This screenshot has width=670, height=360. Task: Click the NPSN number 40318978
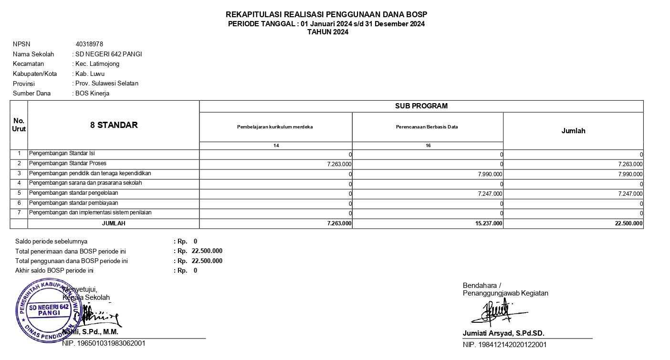[x=89, y=44]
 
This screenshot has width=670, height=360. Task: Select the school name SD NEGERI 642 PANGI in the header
[x=109, y=54]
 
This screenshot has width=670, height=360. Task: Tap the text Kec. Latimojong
[x=97, y=64]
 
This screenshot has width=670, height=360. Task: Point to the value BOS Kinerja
[x=92, y=93]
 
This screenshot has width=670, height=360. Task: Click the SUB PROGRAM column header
[x=421, y=106]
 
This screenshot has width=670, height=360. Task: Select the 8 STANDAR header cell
[x=114, y=125]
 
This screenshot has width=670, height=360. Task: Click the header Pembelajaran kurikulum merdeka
[x=275, y=127]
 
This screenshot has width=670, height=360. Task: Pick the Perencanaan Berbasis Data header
[x=427, y=127]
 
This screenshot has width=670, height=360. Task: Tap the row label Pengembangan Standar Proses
[x=68, y=163]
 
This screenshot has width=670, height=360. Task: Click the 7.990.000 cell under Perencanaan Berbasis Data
[x=490, y=174]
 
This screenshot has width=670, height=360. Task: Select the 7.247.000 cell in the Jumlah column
[x=630, y=194]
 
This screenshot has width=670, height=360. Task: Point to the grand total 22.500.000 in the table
[x=629, y=223]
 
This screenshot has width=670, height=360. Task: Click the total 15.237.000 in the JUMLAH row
[x=489, y=223]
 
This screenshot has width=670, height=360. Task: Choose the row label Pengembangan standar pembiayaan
[x=73, y=203]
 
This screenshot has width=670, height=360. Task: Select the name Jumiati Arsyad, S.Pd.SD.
[x=503, y=333]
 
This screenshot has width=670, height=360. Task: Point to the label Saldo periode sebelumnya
[x=51, y=241]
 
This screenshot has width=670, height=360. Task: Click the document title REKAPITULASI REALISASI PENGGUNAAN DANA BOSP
[x=326, y=14]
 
